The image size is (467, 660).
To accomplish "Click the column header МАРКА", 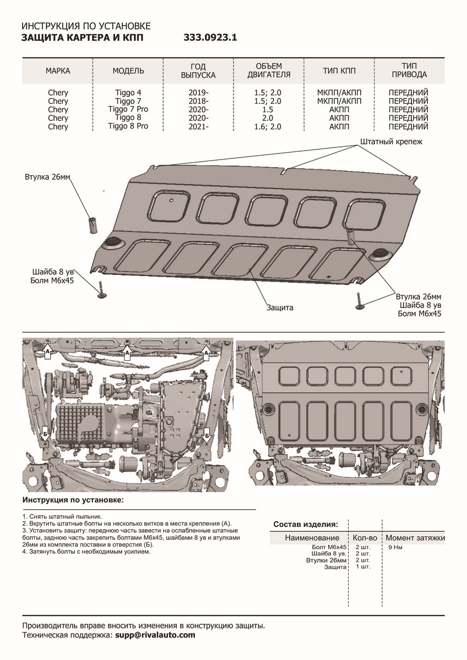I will [58, 71].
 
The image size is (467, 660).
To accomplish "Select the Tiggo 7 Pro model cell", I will [128, 109].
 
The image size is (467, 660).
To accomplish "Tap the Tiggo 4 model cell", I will [128, 92].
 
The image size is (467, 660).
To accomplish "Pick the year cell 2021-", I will [198, 127].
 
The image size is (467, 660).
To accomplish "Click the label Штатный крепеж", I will [391, 142].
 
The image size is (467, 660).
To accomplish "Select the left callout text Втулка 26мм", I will [48, 177].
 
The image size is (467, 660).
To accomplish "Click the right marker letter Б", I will [207, 436].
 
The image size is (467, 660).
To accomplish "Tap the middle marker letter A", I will [127, 351].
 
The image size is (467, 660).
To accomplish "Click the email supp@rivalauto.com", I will [155, 635].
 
